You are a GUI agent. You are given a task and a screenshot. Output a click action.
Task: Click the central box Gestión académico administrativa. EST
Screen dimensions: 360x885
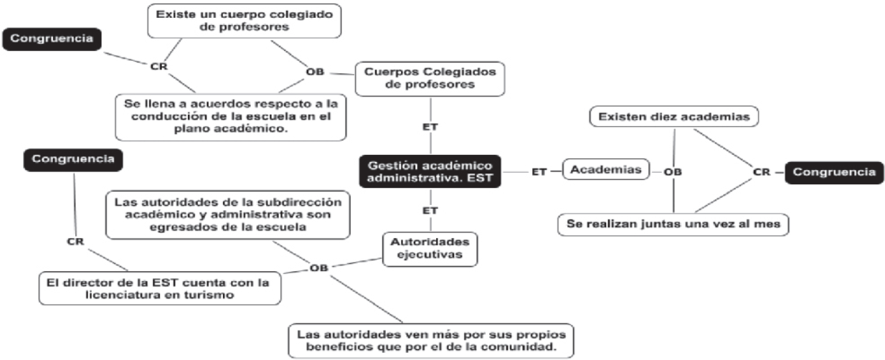tap(429, 172)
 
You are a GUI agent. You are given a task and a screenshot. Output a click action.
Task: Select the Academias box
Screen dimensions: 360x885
tap(605, 171)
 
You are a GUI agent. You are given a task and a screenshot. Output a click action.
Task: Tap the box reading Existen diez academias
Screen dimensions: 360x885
tap(674, 115)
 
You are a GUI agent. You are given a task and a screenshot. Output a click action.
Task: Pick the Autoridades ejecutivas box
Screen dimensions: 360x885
tap(429, 247)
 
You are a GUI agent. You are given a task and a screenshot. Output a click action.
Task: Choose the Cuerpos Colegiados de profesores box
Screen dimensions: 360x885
tap(430, 78)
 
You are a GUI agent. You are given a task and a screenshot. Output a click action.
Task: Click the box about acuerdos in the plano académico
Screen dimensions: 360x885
tap(230, 116)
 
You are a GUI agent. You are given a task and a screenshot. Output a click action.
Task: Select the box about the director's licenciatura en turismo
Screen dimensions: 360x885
tap(159, 288)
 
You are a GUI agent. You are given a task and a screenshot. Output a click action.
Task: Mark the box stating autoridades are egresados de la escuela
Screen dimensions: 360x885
tap(228, 214)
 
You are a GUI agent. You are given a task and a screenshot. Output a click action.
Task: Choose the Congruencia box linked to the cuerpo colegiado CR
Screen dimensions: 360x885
tap(51, 38)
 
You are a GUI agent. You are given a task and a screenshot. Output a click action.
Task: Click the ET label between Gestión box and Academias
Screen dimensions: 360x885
tap(539, 172)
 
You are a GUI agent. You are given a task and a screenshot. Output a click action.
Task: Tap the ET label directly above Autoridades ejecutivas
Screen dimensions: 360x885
tap(430, 211)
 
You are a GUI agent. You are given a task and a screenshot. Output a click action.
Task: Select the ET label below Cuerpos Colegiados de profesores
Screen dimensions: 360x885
tap(430, 127)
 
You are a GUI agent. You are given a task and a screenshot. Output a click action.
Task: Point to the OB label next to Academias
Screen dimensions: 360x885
tap(672, 172)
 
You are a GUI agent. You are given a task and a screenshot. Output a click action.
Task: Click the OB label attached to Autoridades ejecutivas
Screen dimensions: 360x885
tap(319, 267)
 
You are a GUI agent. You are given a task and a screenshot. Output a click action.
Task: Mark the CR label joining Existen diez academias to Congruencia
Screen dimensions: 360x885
tap(761, 172)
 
